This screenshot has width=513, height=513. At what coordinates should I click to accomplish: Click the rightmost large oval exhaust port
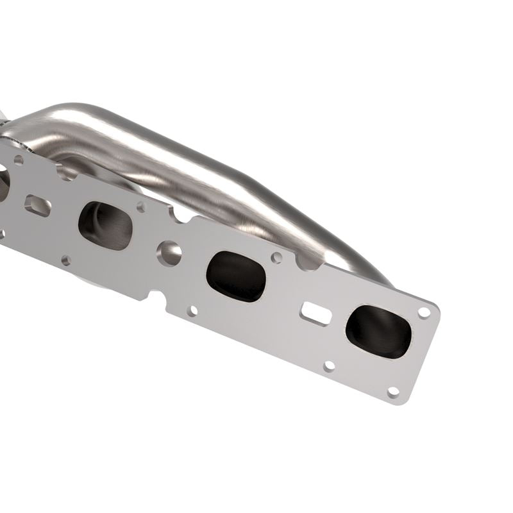pos(378,331)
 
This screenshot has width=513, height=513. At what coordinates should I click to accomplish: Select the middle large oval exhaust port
pos(236,276)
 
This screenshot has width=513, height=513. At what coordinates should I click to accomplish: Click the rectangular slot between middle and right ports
pos(316,313)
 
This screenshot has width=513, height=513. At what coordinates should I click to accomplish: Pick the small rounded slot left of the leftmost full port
pos(38,205)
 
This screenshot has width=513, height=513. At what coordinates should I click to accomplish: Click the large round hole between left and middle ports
pos(170,253)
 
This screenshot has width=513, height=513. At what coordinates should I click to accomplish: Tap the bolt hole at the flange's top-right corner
pos(424,312)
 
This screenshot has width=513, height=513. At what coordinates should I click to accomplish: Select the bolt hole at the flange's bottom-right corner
pos(393,391)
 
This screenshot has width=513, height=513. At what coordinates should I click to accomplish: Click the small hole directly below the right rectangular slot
pos(329,366)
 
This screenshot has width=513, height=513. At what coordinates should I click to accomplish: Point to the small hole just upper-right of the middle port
pos(276,258)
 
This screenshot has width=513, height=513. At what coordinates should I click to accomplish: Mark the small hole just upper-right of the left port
pos(141,207)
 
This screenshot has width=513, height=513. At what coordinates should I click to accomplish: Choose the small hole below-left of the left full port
pos(65,260)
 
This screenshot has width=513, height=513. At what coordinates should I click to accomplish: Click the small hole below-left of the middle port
pos(192,311)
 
